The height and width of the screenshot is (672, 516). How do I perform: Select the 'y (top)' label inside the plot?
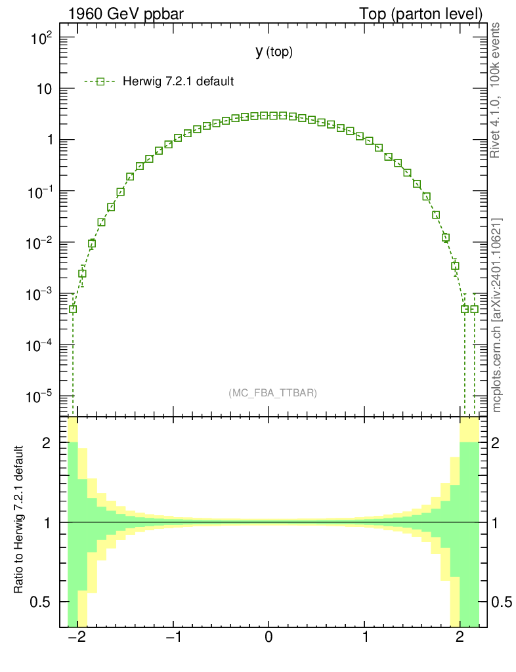274,52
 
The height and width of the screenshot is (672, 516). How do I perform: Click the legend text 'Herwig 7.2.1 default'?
179,81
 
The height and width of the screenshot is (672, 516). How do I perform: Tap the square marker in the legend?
100,81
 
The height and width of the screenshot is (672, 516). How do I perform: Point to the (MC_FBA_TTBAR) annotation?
273,393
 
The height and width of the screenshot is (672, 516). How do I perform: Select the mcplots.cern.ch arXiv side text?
497,315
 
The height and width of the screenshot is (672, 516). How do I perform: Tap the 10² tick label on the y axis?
43,39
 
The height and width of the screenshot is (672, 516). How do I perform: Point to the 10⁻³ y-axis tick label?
41,295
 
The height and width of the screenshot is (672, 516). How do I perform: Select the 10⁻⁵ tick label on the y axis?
41,397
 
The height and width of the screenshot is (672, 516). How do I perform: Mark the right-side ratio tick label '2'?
501,443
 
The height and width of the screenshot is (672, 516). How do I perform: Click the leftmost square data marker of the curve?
73,308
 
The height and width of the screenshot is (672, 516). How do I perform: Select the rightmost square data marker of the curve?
474,308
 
